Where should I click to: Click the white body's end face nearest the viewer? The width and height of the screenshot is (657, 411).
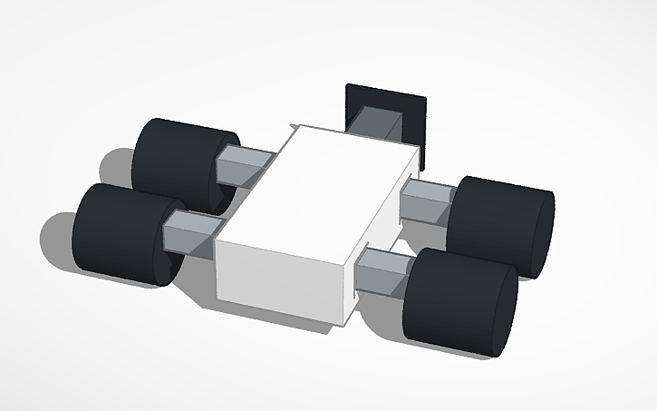[281, 281]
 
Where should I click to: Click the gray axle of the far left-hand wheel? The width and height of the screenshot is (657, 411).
[243, 166]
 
